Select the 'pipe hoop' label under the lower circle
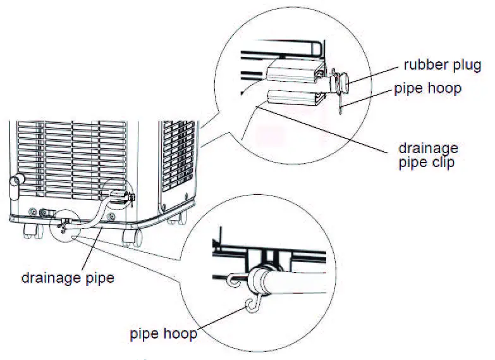click(163, 333)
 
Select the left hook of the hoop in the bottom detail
click(231, 278)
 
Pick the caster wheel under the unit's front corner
click(131, 237)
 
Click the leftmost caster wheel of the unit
click(28, 232)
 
